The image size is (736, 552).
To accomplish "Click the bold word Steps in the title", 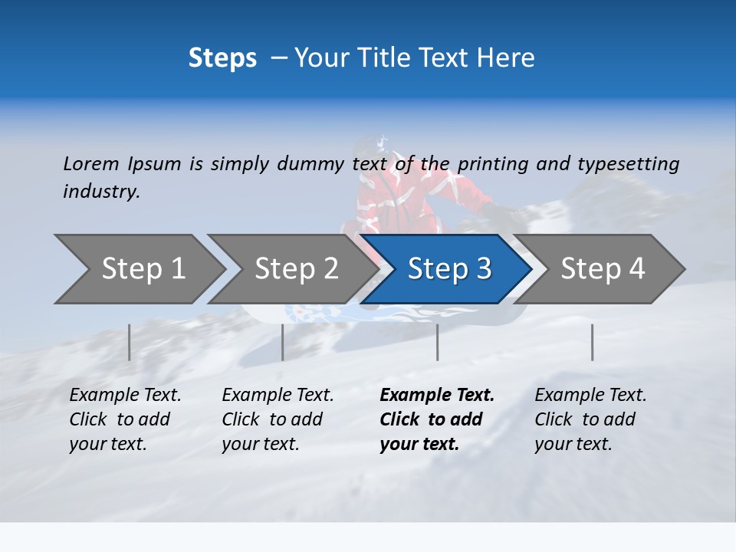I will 222,58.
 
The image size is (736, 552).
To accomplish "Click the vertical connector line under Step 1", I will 130,342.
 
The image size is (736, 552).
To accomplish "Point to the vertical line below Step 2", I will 283,342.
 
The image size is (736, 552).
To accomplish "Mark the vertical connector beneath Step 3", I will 438,342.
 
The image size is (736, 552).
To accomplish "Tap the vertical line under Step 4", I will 593,342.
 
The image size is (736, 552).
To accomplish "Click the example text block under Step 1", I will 125,419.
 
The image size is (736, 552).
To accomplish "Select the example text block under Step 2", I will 278,419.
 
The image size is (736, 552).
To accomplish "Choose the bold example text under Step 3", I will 437,419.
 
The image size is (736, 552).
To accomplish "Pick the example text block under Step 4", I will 590,419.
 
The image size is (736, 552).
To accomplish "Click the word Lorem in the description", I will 91,163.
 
